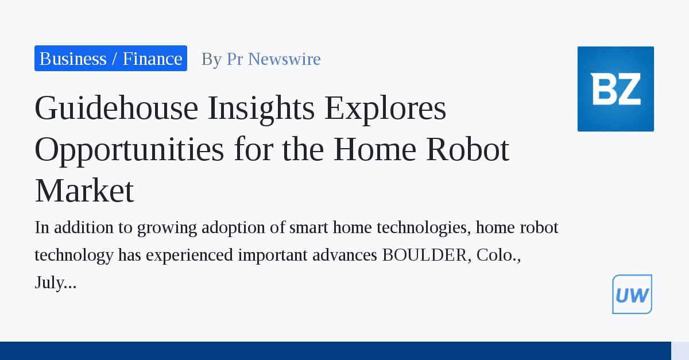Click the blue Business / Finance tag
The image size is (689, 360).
111,59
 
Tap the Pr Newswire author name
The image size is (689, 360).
273,59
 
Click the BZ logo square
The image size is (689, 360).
616,89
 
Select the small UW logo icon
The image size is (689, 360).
632,295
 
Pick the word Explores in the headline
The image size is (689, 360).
385,108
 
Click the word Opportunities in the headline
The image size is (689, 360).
129,149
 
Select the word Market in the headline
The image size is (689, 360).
84,191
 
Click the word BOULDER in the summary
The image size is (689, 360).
425,255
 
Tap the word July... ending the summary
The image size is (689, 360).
56,282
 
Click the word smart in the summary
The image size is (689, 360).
309,227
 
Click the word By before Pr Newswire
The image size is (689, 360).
211,59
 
